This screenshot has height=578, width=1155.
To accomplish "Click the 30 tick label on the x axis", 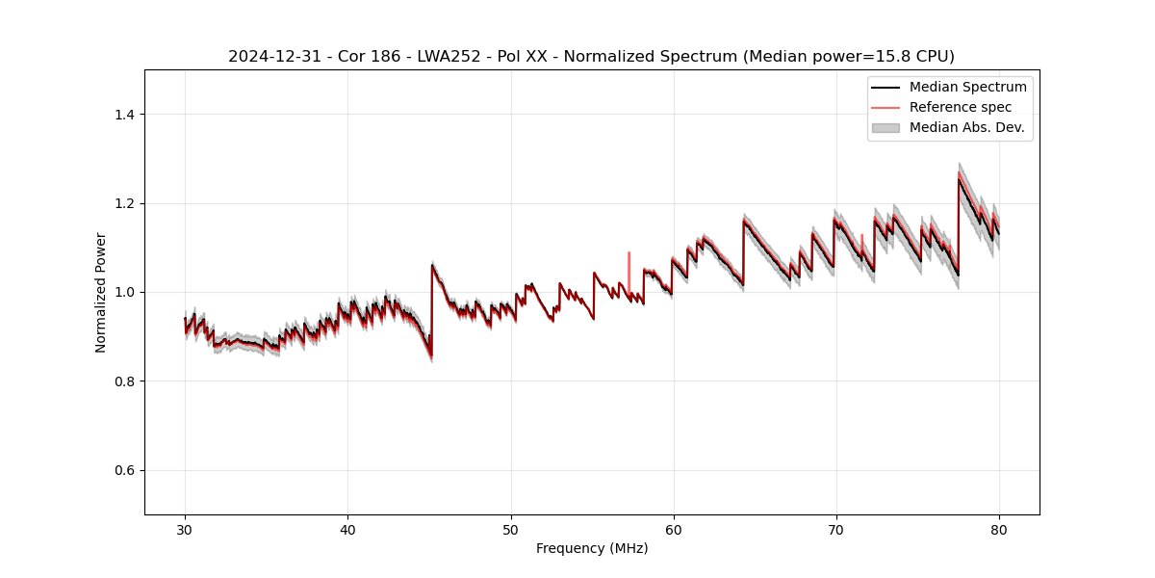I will tap(185, 530).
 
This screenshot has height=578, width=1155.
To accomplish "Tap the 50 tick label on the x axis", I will tap(510, 530).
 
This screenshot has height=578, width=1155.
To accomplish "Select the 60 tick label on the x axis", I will tap(673, 530).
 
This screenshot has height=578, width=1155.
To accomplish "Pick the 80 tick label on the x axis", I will tap(999, 530).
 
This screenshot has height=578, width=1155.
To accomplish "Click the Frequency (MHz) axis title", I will tap(592, 548).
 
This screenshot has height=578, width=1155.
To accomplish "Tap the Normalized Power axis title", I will tap(100, 292).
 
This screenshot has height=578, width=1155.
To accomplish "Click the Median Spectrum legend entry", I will tap(967, 87).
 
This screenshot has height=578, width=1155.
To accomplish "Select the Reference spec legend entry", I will tap(961, 107).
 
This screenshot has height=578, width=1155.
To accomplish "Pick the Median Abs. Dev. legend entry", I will tap(966, 127).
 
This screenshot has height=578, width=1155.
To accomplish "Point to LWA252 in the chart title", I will tap(426, 57).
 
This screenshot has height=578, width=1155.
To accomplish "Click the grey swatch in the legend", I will tap(885, 127).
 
